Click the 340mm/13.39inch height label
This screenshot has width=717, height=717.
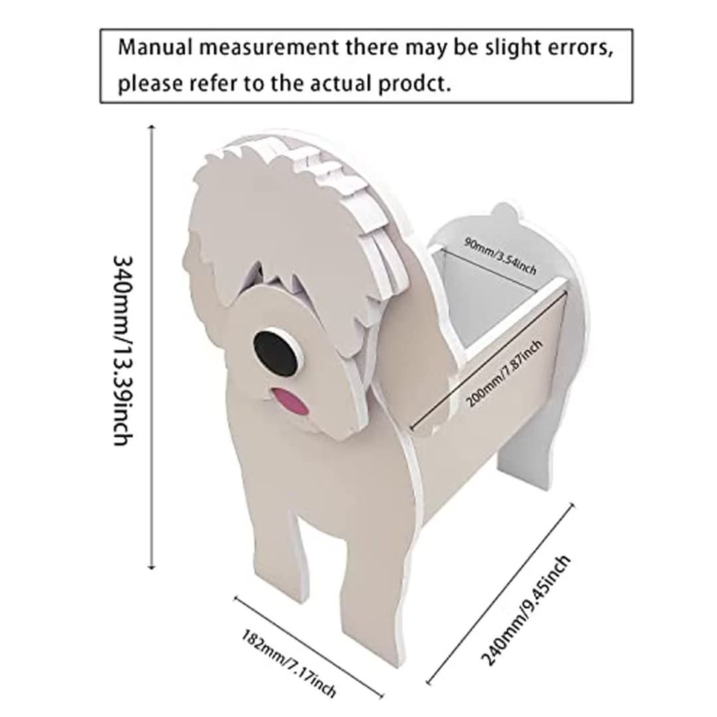point(123,351)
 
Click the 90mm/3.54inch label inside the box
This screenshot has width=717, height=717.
point(501,256)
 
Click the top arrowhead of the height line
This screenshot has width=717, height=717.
point(152,127)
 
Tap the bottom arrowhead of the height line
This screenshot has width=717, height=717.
point(152,566)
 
